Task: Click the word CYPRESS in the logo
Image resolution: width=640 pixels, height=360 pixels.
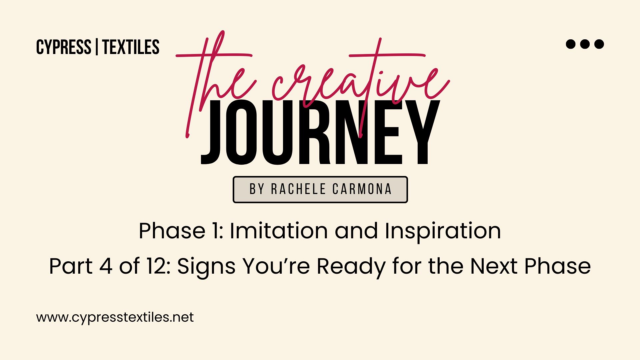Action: (64, 47)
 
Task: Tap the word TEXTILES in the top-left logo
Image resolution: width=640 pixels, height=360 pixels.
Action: (131, 47)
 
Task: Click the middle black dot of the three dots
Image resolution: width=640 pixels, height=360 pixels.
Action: (585, 44)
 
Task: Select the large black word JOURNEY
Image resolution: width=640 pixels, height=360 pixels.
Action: (320, 132)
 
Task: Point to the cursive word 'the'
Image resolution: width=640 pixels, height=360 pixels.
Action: (217, 83)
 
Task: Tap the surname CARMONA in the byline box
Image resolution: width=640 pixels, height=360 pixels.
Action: (362, 189)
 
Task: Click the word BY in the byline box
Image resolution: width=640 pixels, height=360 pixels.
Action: (257, 189)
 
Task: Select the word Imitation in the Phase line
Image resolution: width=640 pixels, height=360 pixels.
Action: (279, 231)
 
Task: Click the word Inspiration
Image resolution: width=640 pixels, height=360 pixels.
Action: (443, 231)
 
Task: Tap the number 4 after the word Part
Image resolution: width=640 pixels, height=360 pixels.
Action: (106, 266)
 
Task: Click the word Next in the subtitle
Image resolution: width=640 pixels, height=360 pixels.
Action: (494, 266)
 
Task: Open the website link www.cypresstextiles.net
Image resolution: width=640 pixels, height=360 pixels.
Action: (115, 317)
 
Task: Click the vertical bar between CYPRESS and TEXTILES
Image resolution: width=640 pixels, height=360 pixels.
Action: (97, 47)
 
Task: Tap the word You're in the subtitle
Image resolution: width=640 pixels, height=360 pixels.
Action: (276, 266)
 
